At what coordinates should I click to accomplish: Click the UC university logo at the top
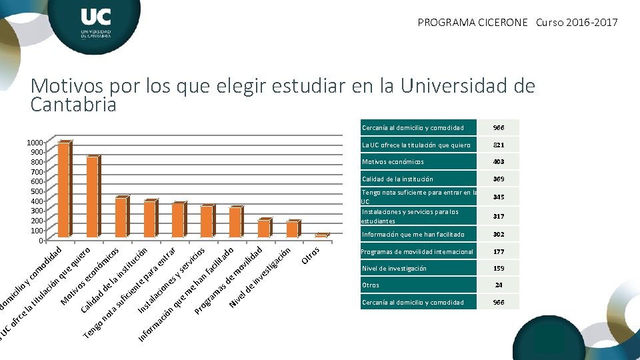click(95, 23)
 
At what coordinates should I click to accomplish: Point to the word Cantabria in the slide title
click(73, 105)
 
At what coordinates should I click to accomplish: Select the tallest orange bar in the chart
click(63, 190)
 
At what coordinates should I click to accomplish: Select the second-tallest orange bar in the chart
click(92, 197)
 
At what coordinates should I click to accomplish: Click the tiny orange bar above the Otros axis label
click(321, 235)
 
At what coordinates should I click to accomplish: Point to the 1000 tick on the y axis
click(34, 143)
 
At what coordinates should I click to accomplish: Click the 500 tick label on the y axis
click(36, 191)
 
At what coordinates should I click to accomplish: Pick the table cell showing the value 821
click(499, 145)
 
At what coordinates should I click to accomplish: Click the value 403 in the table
click(499, 162)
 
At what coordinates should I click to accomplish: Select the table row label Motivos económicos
click(393, 162)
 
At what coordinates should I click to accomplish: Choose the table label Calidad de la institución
click(397, 179)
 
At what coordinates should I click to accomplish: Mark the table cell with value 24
click(499, 285)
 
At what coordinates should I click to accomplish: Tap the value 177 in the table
click(499, 252)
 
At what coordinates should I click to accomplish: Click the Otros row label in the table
click(370, 285)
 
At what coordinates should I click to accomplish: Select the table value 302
click(499, 234)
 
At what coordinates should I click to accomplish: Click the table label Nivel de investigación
click(393, 269)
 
